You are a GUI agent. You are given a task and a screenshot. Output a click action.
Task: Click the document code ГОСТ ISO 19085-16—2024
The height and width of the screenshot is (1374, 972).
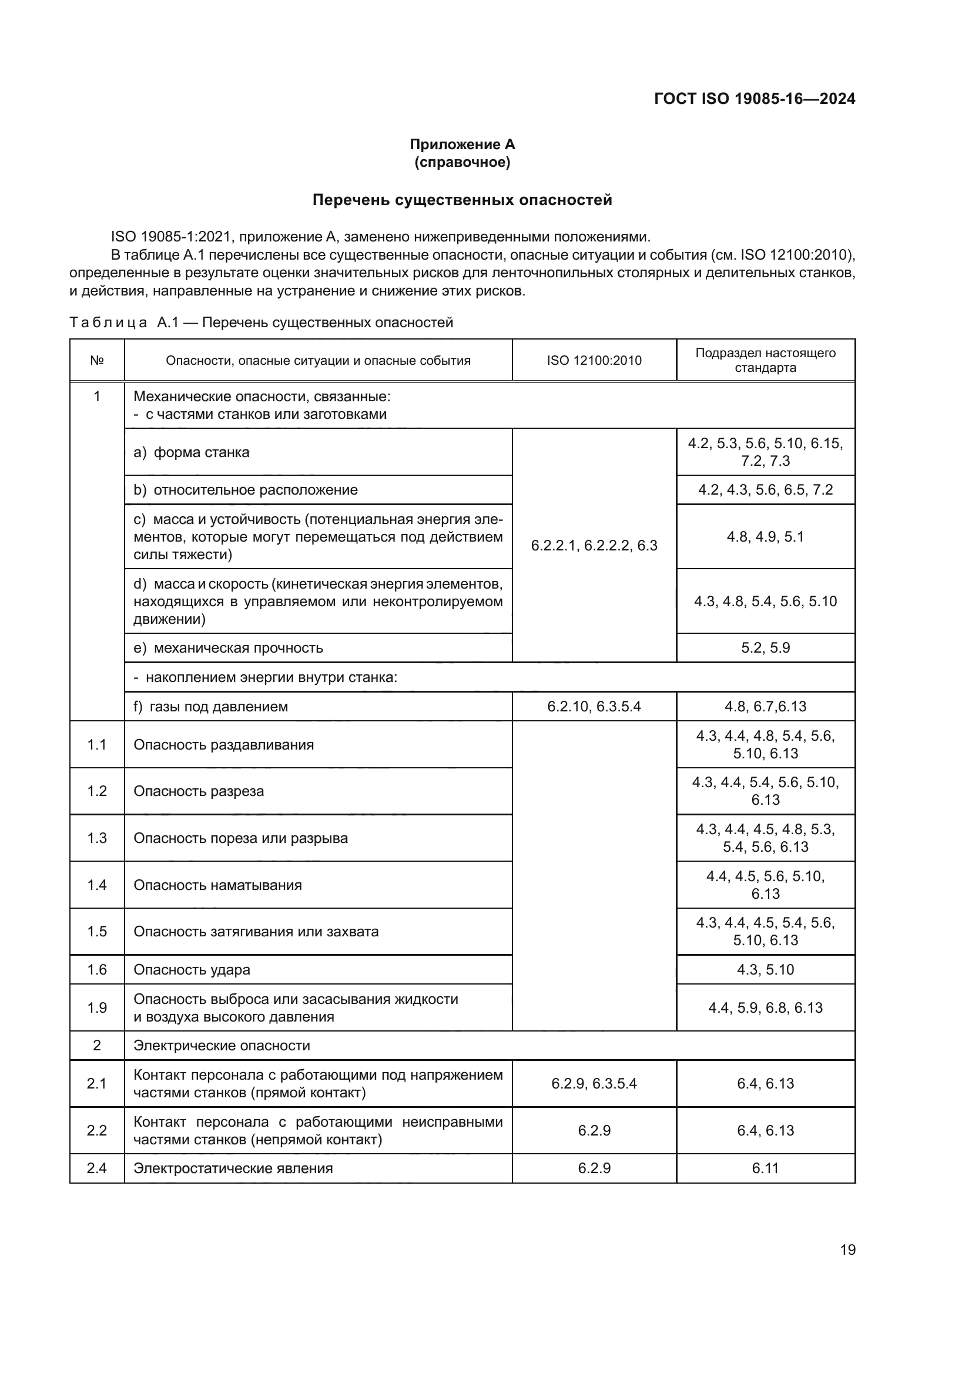(x=754, y=99)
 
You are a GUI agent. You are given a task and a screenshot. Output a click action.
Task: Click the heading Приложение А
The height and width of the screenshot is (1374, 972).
(x=462, y=145)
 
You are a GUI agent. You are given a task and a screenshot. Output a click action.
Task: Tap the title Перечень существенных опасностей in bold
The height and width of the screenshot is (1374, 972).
(x=462, y=200)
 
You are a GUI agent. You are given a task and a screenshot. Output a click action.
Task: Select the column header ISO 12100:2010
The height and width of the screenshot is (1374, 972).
(x=594, y=360)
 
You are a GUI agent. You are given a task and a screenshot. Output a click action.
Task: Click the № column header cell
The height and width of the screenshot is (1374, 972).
(x=97, y=360)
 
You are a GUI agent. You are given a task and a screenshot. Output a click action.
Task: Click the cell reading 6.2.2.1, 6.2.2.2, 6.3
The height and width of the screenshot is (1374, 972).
(x=594, y=545)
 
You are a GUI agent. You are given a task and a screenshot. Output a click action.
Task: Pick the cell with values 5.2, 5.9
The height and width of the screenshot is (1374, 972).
(x=765, y=647)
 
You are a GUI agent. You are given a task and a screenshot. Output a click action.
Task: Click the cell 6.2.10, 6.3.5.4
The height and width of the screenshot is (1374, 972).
(x=594, y=707)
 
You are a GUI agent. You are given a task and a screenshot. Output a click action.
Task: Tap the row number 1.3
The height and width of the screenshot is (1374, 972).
(x=97, y=838)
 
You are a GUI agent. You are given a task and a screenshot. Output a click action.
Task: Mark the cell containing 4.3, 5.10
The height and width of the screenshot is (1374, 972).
(x=765, y=969)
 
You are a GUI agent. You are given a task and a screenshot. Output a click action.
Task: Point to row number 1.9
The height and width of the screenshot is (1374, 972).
(x=97, y=1008)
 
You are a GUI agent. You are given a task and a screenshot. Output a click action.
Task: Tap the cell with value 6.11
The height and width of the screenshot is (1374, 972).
(x=765, y=1168)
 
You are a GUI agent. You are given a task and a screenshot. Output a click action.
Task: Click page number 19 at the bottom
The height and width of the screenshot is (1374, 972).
(x=847, y=1249)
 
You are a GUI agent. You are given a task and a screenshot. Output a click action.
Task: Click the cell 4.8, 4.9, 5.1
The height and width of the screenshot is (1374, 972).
(x=765, y=537)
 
